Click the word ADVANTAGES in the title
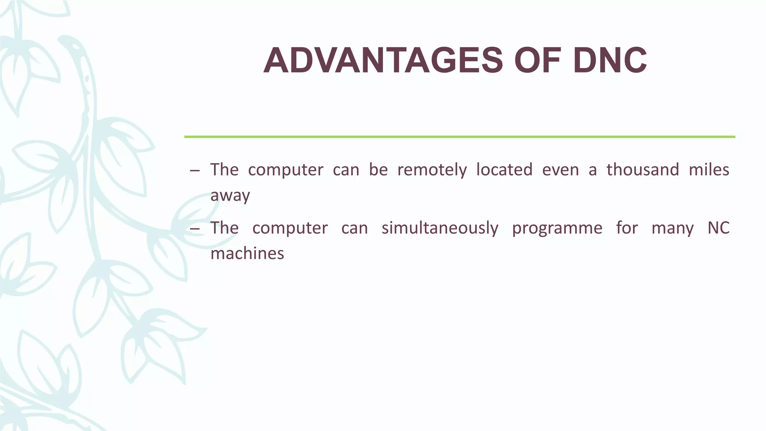pyautogui.click(x=383, y=61)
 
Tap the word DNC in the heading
pyautogui.click(x=610, y=61)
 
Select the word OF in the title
pyautogui.click(x=537, y=61)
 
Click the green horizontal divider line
pyautogui.click(x=459, y=137)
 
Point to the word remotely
pyautogui.click(x=432, y=170)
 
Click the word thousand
pyautogui.click(x=643, y=170)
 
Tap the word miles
pyautogui.click(x=709, y=170)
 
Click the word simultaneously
pyautogui.click(x=440, y=228)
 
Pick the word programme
pyautogui.click(x=557, y=228)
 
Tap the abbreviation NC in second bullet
pyautogui.click(x=718, y=228)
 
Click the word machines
pyautogui.click(x=247, y=254)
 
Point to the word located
pyautogui.click(x=504, y=170)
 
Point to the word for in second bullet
pyautogui.click(x=627, y=228)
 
